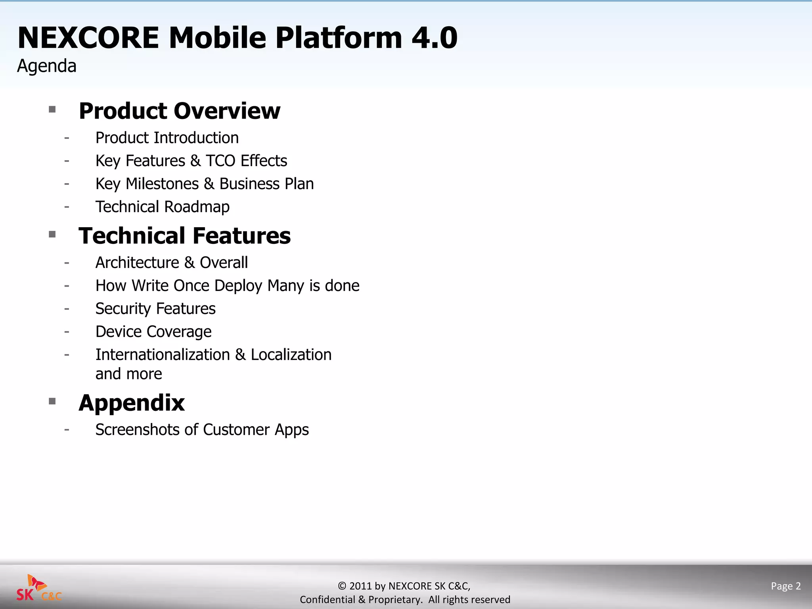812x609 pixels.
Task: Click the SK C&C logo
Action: [39, 589]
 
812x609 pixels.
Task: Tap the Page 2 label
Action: [785, 586]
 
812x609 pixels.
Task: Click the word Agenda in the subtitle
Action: [47, 66]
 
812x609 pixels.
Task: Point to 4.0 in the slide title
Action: [435, 38]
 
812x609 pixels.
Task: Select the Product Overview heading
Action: [179, 111]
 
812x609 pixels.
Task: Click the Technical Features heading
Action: [184, 236]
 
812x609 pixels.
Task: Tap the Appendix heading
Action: [132, 403]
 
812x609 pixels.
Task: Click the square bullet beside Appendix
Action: [52, 401]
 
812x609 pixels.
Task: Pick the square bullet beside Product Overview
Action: [52, 109]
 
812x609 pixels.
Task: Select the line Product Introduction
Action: [167, 138]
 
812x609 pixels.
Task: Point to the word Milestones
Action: [162, 184]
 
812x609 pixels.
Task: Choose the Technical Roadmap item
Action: [163, 207]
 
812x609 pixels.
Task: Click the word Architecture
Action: [137, 263]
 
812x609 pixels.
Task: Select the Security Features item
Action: [155, 309]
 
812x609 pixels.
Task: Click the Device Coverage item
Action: [153, 332]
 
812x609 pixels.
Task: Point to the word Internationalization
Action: [163, 355]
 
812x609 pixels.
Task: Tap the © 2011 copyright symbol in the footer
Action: [342, 586]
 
